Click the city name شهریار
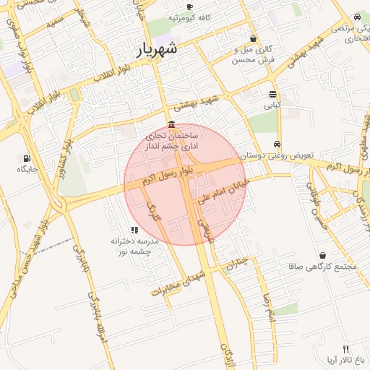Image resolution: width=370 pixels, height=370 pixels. pyautogui.click(x=157, y=51)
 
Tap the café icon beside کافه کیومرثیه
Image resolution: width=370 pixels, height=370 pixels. pyautogui.click(x=189, y=8)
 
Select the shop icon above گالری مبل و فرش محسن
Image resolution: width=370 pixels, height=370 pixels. pyautogui.click(x=253, y=39)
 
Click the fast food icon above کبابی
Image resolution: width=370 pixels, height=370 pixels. pyautogui.click(x=272, y=95)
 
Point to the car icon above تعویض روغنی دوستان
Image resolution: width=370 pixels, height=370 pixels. pyautogui.click(x=277, y=144)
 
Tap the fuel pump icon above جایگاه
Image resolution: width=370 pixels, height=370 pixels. pyautogui.click(x=27, y=158)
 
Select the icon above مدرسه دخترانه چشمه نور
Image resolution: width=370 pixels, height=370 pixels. pyautogui.click(x=134, y=230)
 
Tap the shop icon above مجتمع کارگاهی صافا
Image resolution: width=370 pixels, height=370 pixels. pyautogui.click(x=322, y=255)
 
